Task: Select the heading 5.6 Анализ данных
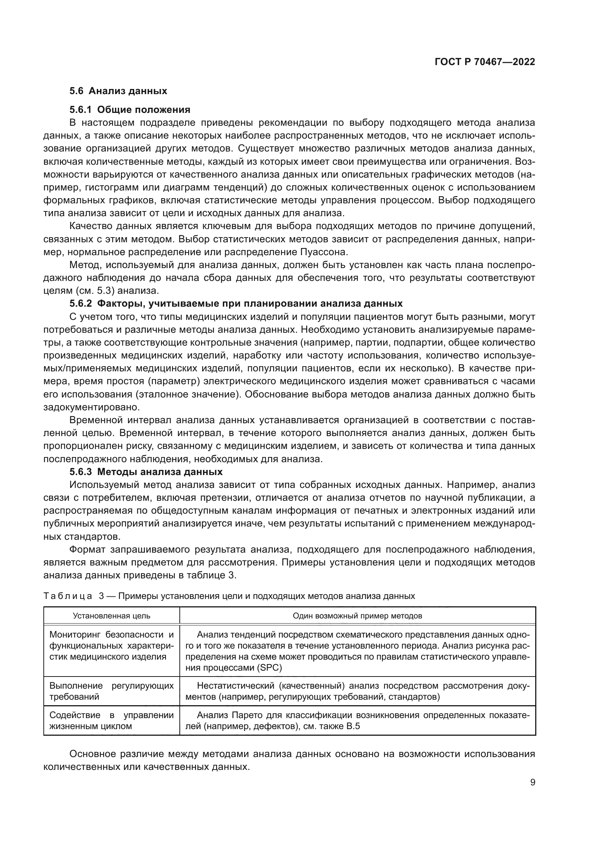(x=118, y=91)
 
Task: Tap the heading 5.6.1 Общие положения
(x=129, y=110)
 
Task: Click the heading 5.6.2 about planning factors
(x=236, y=303)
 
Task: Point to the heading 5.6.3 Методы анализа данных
(x=146, y=472)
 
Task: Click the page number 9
(x=532, y=782)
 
